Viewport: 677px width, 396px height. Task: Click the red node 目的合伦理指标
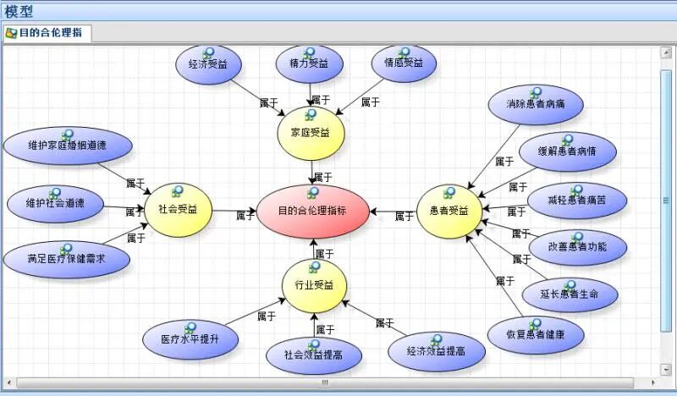(x=312, y=211)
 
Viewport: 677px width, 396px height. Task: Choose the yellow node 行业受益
(x=314, y=285)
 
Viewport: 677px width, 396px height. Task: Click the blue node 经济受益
(x=208, y=64)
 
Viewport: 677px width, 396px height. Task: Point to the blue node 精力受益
(x=309, y=64)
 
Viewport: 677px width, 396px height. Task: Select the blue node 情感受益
(x=404, y=64)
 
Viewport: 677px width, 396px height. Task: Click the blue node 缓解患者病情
(x=568, y=152)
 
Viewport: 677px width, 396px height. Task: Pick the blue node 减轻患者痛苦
(x=576, y=201)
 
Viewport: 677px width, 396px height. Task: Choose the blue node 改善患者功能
(x=579, y=246)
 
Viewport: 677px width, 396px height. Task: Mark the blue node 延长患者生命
(x=570, y=294)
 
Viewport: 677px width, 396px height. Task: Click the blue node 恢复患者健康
(x=536, y=335)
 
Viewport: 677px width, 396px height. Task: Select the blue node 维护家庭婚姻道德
(x=67, y=146)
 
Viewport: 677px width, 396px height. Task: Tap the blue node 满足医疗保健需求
(x=66, y=259)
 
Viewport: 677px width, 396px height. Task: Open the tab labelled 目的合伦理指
(x=47, y=33)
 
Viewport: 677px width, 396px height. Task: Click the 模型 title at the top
(x=19, y=10)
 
